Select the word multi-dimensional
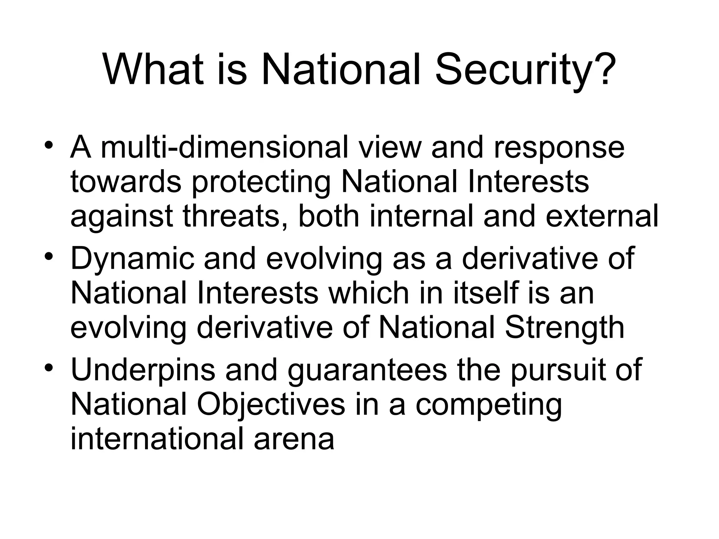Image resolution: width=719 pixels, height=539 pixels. (x=225, y=147)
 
